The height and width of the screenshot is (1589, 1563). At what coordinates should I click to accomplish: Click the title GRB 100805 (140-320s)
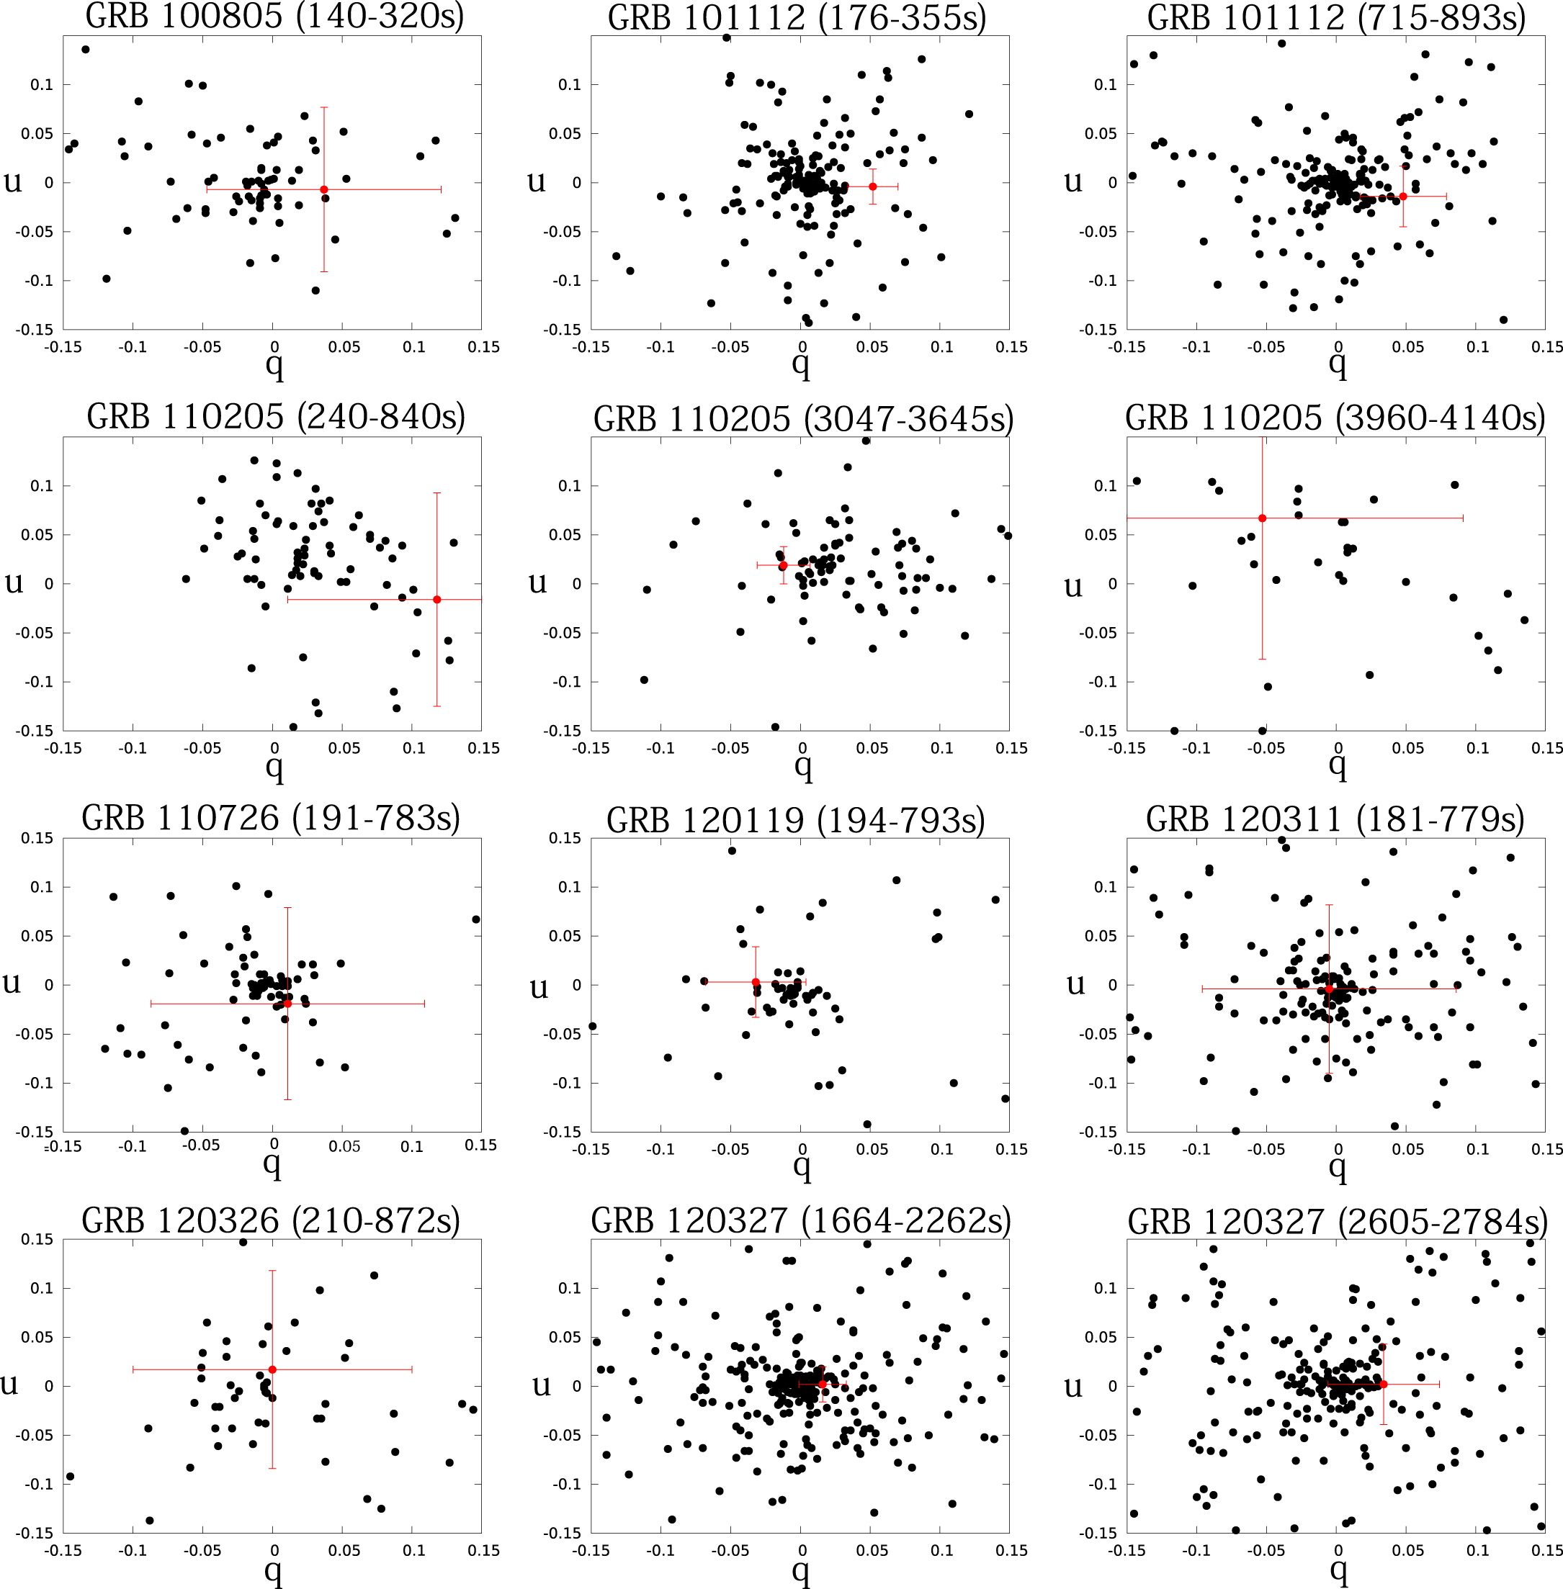tap(275, 17)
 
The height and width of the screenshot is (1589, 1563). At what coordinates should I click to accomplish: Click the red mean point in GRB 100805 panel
tap(324, 189)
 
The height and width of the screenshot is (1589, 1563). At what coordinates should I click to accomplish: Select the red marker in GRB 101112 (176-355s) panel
tap(873, 186)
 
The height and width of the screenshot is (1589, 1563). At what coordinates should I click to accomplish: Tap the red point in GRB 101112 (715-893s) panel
tap(1403, 196)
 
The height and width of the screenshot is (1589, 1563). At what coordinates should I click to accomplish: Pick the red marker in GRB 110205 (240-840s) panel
tap(436, 599)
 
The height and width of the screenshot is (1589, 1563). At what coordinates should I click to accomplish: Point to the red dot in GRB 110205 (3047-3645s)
tap(783, 565)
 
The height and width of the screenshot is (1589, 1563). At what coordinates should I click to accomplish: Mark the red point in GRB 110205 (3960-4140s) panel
tap(1263, 518)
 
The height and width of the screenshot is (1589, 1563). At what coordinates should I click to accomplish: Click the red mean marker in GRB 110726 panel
tap(287, 1003)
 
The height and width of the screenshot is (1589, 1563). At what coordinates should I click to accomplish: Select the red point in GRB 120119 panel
tap(756, 981)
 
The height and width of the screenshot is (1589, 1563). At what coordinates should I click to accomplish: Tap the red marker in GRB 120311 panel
tap(1329, 989)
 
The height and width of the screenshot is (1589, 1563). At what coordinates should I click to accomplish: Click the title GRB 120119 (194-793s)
tap(795, 820)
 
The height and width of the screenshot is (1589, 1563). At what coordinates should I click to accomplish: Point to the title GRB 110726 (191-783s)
tap(271, 819)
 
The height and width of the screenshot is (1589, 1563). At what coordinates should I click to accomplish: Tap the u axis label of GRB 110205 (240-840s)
tap(14, 582)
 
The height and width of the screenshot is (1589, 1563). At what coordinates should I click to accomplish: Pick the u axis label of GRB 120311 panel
tap(1075, 983)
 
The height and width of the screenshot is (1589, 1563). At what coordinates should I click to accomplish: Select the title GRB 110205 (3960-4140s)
tap(1335, 418)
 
